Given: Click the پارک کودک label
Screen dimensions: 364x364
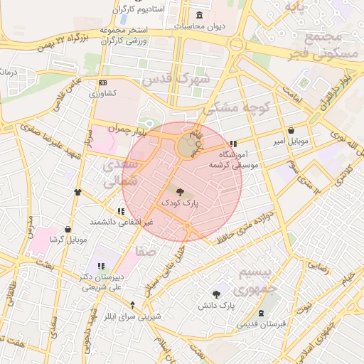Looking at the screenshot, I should (181, 203).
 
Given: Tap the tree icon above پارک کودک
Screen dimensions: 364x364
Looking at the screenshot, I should (178, 191).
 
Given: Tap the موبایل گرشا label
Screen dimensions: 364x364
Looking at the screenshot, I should (68, 240).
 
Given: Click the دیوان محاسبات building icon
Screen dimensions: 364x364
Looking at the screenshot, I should (197, 16).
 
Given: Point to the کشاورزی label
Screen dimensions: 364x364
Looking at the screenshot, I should (102, 93).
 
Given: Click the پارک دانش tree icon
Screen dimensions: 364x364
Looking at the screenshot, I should (216, 294).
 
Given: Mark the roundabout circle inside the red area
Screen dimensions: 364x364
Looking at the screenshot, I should (187, 146).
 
